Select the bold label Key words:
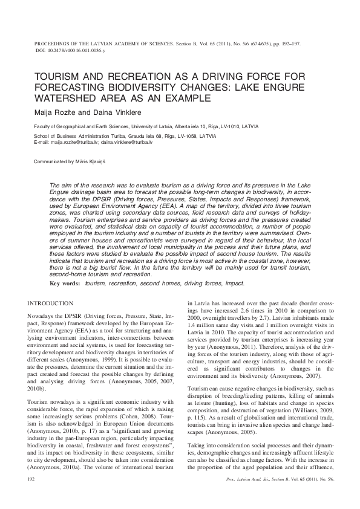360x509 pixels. coord(64,283)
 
